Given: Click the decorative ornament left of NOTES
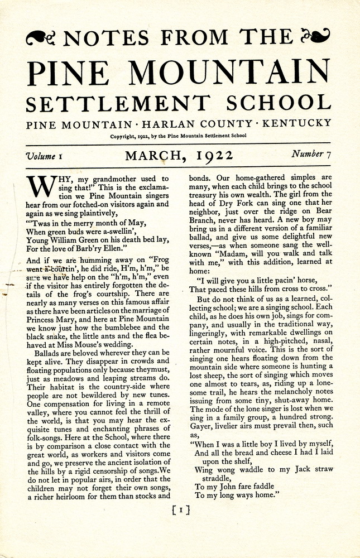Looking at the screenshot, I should (42, 38).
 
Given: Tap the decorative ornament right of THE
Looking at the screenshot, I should (315, 37).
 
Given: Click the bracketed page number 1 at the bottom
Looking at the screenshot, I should (181, 510).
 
